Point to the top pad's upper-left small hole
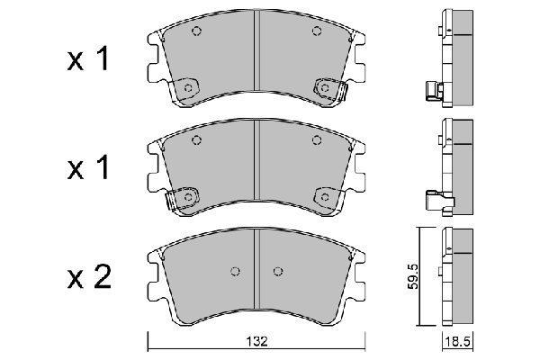[x=197, y=31]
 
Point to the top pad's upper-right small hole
[x=316, y=31]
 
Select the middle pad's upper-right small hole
[x=316, y=139]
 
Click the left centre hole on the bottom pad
[x=235, y=273]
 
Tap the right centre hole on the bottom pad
[x=279, y=273]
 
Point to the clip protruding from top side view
[x=432, y=89]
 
